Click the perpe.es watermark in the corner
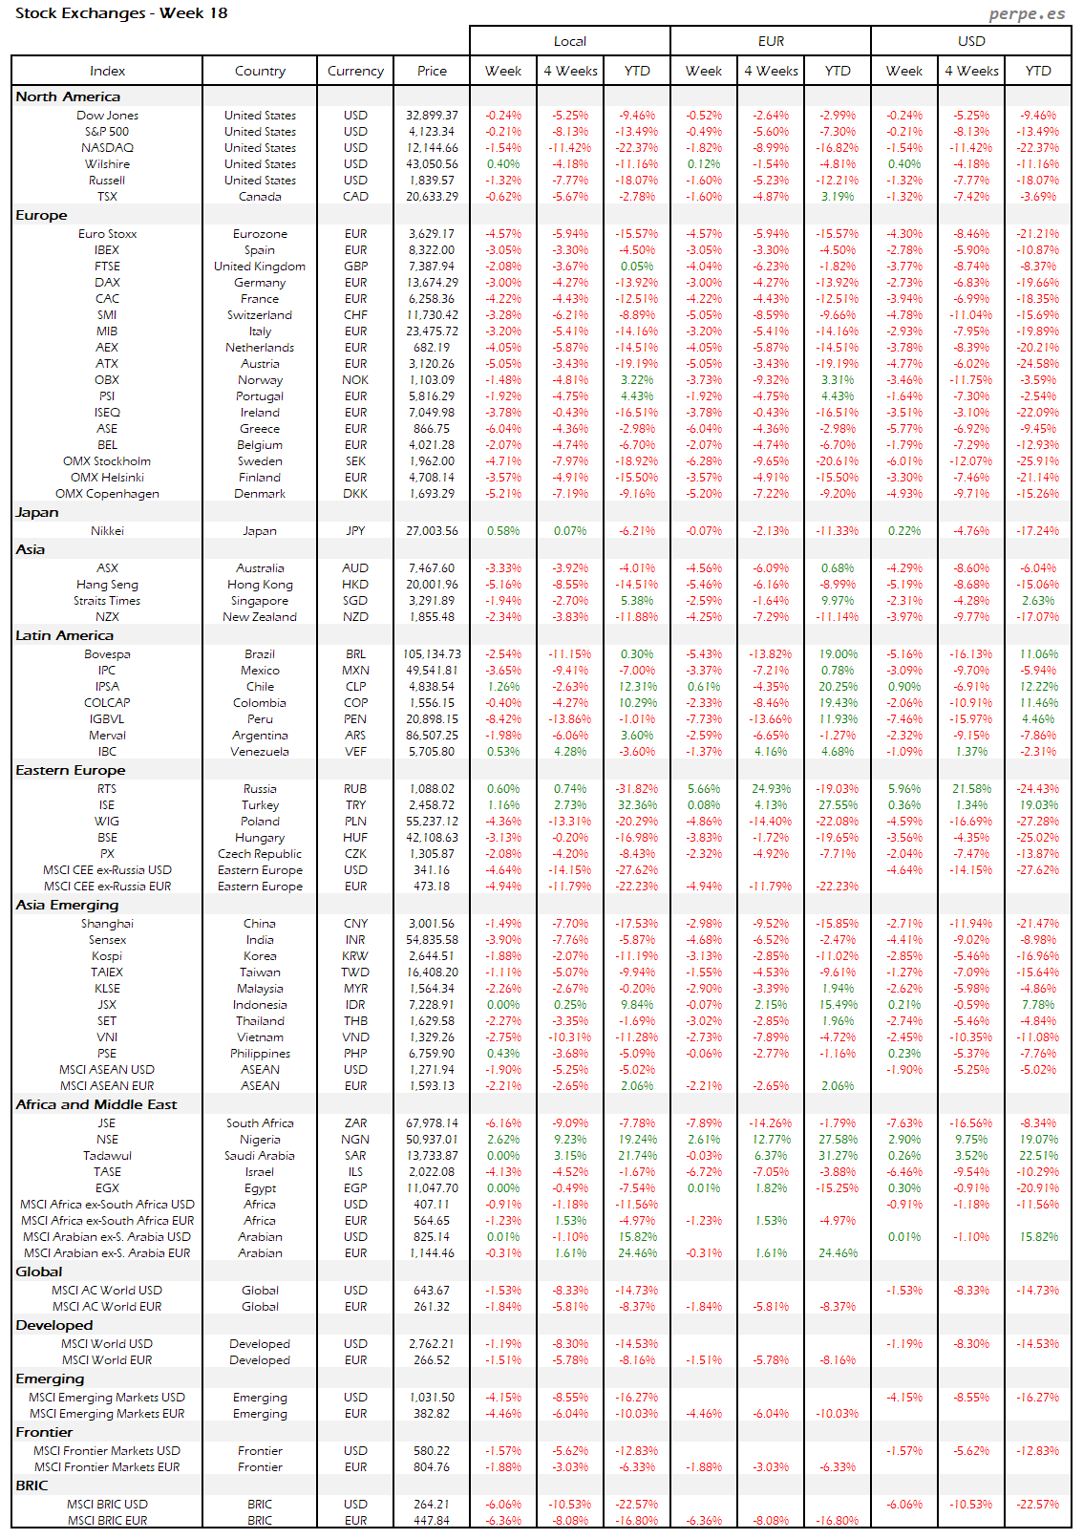click(1027, 13)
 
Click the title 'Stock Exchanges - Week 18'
click(121, 13)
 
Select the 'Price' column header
click(432, 71)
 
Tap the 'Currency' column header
click(355, 71)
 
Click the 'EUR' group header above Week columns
click(771, 41)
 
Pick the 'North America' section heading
click(68, 96)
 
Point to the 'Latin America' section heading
click(64, 635)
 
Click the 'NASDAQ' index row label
click(107, 148)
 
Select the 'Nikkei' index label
click(107, 531)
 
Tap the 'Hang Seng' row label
click(107, 585)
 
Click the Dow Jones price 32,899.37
click(432, 116)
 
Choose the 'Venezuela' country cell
click(260, 752)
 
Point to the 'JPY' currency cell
click(355, 531)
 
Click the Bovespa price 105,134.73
click(432, 654)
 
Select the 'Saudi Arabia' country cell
click(260, 1156)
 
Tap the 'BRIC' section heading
click(32, 1486)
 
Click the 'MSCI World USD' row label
click(107, 1344)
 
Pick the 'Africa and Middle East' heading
click(96, 1104)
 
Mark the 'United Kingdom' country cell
click(260, 267)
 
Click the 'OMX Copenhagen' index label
click(107, 494)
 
